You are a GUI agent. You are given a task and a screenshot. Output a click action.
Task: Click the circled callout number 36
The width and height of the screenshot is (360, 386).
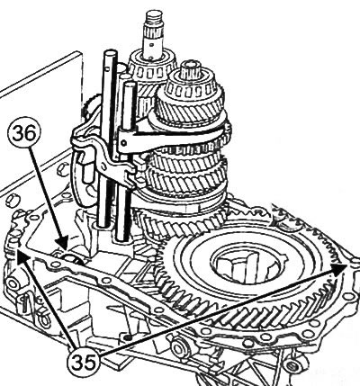(x=24, y=133)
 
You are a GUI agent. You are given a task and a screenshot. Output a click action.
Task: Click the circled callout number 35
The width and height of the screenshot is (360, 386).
(x=85, y=362)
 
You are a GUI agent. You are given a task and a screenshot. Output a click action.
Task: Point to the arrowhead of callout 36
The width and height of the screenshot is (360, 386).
(x=64, y=243)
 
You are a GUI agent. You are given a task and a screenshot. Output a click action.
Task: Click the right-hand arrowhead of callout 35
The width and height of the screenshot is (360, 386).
(x=339, y=268)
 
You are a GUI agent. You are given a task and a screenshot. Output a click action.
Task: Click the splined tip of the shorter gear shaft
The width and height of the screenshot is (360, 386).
(x=190, y=68)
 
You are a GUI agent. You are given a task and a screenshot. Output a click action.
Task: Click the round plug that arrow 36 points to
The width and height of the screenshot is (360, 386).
(x=72, y=258)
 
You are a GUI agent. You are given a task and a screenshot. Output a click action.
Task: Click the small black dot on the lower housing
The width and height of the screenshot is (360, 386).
(x=129, y=337)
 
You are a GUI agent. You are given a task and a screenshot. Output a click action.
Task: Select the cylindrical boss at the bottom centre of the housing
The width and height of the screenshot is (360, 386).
(x=180, y=348)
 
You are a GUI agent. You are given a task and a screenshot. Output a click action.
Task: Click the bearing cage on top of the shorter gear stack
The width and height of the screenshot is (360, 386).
(x=192, y=87)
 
